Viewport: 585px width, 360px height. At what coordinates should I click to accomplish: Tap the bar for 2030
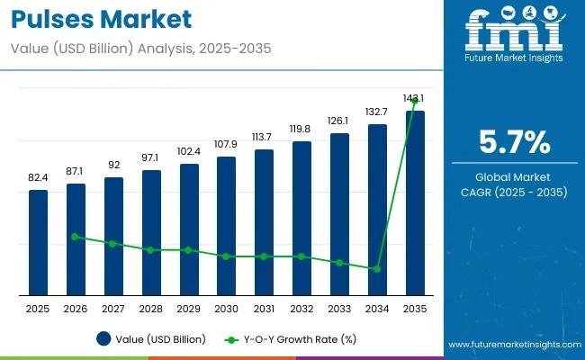click(226, 225)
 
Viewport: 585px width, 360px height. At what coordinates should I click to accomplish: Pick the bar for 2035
click(414, 202)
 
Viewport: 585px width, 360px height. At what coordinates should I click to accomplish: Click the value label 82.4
click(38, 179)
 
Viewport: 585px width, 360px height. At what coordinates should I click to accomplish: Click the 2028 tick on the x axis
click(151, 309)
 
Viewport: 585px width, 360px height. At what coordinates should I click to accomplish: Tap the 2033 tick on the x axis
click(338, 309)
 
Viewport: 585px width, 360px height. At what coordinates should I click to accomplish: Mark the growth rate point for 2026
click(76, 237)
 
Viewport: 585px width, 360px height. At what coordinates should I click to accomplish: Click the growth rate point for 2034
click(376, 269)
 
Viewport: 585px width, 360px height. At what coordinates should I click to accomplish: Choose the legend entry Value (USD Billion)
click(151, 339)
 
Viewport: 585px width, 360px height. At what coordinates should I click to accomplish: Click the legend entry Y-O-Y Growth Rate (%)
click(291, 339)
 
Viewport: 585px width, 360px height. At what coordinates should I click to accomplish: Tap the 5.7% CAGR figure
click(514, 141)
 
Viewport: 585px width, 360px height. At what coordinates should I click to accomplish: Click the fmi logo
click(514, 33)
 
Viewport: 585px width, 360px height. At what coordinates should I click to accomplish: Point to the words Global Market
click(514, 176)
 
